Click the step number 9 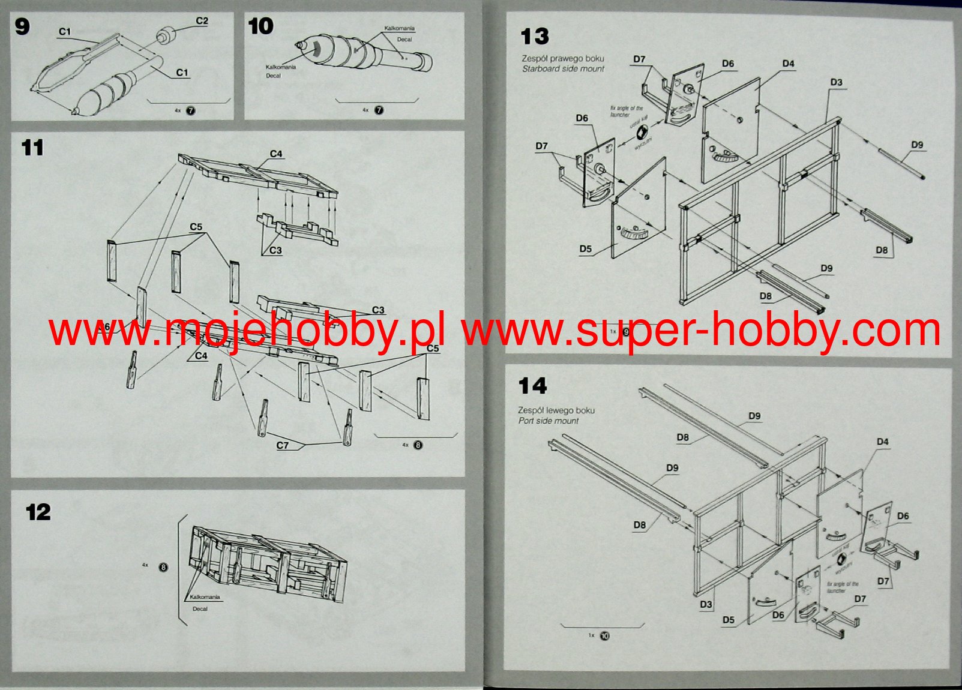22,27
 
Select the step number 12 38,512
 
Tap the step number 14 533,386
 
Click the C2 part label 202,21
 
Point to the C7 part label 283,445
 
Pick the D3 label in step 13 837,82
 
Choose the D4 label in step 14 882,442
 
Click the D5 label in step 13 586,249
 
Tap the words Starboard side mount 563,69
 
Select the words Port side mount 549,421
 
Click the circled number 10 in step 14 604,636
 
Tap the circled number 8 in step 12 163,567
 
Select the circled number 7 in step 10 379,110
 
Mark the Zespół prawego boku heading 562,59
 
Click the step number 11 32,148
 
